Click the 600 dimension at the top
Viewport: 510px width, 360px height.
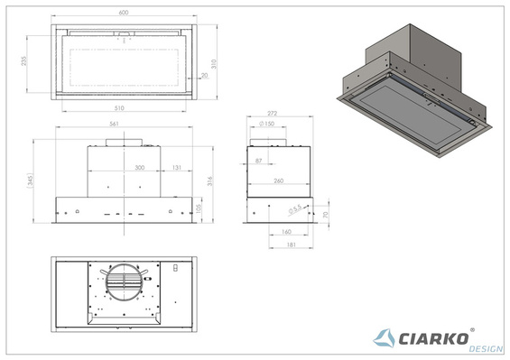(126, 13)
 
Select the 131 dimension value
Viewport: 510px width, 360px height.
(178, 167)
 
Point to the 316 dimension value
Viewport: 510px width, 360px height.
(211, 181)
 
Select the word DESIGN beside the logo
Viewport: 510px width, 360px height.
(479, 348)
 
